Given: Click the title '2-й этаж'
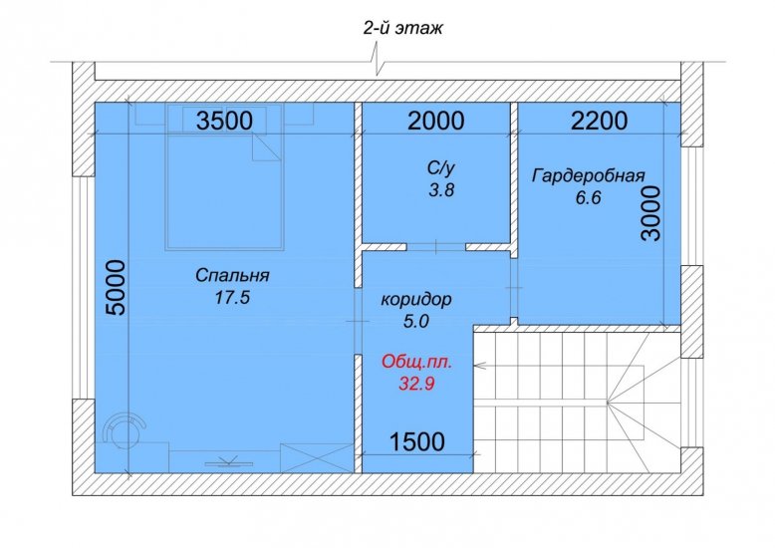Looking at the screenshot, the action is [x=402, y=29].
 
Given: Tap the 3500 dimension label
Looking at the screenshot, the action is [x=224, y=121].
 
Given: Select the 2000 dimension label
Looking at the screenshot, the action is [x=436, y=121].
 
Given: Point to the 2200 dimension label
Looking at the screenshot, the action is [x=599, y=121].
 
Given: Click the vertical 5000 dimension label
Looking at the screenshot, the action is [x=117, y=287].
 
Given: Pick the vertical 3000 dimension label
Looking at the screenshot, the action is [x=650, y=213].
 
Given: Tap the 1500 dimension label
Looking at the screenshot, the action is [x=417, y=441].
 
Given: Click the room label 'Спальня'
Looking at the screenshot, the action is [x=232, y=275].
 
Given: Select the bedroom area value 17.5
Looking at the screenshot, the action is [x=232, y=297].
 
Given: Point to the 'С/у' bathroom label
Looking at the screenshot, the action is [x=441, y=168].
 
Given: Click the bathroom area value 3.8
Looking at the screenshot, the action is [x=441, y=190].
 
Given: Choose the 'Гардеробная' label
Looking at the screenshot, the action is [x=588, y=176].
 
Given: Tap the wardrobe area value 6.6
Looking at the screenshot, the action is [x=588, y=198].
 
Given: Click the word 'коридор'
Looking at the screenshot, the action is [x=416, y=299].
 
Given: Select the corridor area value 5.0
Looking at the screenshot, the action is [x=416, y=322].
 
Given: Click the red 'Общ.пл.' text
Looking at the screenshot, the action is [x=416, y=362].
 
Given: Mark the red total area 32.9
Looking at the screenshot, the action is [x=416, y=384].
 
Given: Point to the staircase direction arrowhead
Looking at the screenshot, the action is [x=478, y=366].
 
